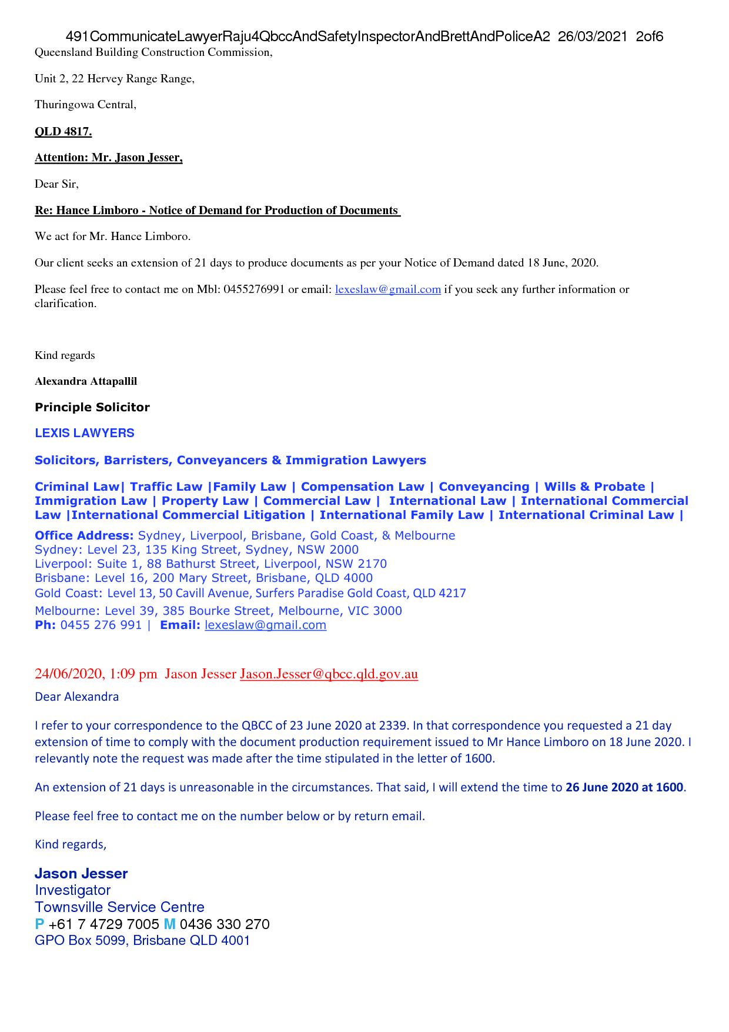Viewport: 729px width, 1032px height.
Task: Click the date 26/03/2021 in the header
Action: tap(593, 37)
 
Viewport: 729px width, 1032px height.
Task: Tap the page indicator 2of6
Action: tap(649, 37)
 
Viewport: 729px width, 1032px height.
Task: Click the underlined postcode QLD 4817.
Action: tap(63, 131)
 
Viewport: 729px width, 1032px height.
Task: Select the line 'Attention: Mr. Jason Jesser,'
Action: tap(109, 158)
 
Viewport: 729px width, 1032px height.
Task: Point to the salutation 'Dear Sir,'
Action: tap(56, 184)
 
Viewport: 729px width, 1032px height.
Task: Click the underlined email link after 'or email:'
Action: tap(387, 289)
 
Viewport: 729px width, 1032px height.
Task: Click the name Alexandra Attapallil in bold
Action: tap(86, 381)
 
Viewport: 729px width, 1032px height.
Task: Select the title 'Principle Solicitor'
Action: tap(92, 407)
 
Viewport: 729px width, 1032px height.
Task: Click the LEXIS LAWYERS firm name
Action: tap(85, 433)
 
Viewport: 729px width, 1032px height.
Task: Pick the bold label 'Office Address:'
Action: tap(84, 535)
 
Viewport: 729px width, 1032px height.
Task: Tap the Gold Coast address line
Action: tap(250, 593)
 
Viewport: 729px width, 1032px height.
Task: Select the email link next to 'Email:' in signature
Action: tap(265, 625)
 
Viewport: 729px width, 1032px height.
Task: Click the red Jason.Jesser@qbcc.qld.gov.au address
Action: tap(329, 674)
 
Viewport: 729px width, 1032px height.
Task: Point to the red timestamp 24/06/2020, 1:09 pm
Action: tap(96, 674)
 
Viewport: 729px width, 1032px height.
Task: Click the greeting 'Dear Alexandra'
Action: tap(76, 697)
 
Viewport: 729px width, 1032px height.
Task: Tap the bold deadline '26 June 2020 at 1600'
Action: tap(624, 787)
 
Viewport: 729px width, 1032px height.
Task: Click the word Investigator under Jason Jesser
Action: tap(72, 890)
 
